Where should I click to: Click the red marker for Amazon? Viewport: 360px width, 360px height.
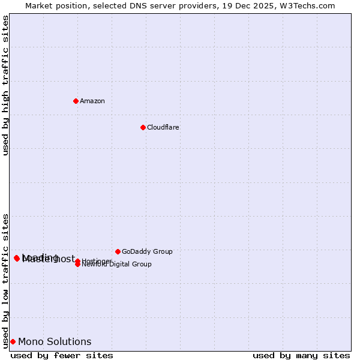76,101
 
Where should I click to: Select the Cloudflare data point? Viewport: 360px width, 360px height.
143,127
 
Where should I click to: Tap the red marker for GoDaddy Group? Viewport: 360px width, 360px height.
118,251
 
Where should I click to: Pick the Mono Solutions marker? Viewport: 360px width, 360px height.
13,341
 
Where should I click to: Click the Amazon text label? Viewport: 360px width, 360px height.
92,101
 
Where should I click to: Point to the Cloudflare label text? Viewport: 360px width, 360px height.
163,127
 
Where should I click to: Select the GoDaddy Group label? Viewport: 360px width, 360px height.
147,251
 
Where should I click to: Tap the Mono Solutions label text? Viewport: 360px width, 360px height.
55,342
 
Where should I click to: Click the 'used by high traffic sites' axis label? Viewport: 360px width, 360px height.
6,85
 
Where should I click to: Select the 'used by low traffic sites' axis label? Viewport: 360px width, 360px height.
6,280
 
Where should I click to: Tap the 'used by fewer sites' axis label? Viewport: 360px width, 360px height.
62,355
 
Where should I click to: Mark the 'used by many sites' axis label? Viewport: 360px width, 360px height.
301,355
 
